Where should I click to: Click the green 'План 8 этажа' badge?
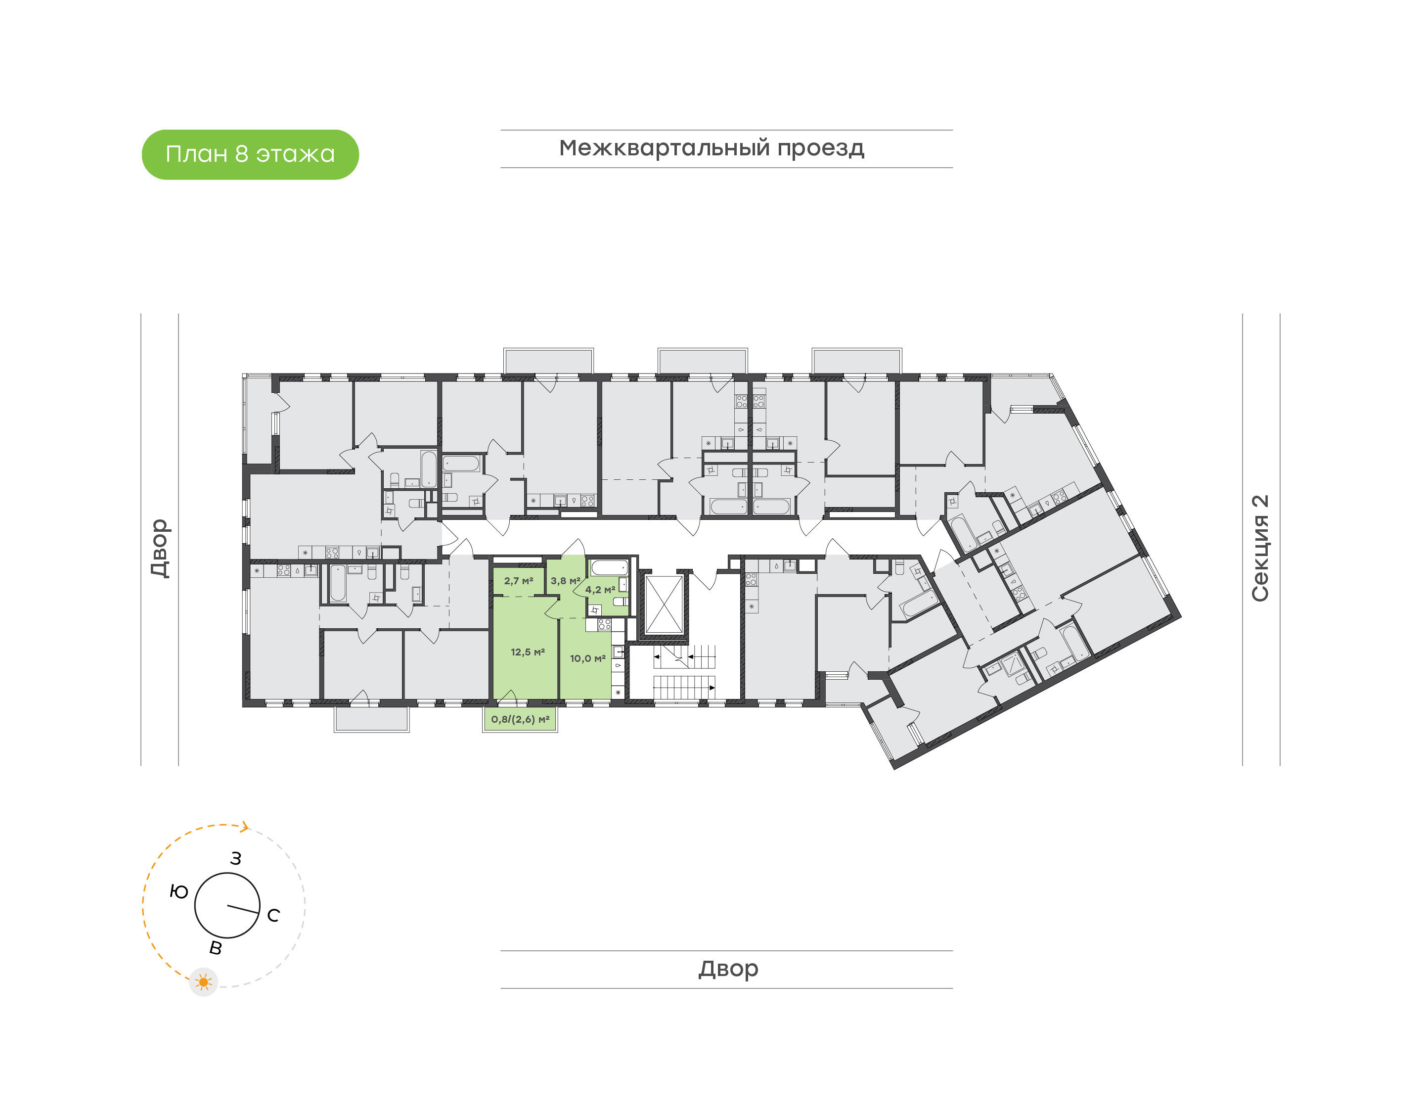pos(250,154)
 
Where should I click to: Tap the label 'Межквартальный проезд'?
pos(711,148)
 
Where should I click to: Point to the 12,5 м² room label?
pos(527,652)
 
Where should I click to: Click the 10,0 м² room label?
pos(587,658)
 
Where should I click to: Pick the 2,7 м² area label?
pos(518,581)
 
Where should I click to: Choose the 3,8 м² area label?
pos(565,581)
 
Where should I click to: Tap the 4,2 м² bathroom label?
pos(599,590)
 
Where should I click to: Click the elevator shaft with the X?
pos(664,605)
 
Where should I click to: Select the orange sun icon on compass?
pos(203,982)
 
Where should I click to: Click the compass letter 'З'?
pos(235,859)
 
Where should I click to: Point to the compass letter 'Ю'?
pos(178,891)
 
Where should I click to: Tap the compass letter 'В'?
pos(215,948)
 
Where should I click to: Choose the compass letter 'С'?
pos(273,916)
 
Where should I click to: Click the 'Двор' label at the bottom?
pos(728,969)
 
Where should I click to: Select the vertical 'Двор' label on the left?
pos(160,548)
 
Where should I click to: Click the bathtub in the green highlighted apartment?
pos(609,567)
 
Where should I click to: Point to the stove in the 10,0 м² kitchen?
pos(604,624)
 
